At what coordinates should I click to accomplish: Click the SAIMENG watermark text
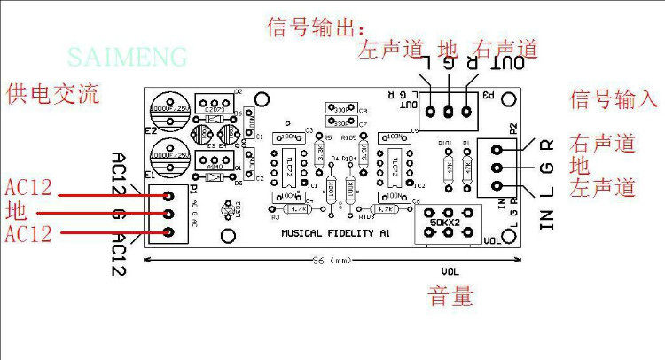pos(129,58)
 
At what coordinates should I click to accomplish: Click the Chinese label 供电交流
pos(51,92)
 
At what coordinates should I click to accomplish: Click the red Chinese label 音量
pos(450,294)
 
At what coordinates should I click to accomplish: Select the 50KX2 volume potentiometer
pos(450,222)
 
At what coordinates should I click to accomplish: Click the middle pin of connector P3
pos(449,112)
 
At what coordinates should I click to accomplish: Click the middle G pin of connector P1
pos(168,214)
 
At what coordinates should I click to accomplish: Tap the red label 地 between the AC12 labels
pos(16,213)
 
